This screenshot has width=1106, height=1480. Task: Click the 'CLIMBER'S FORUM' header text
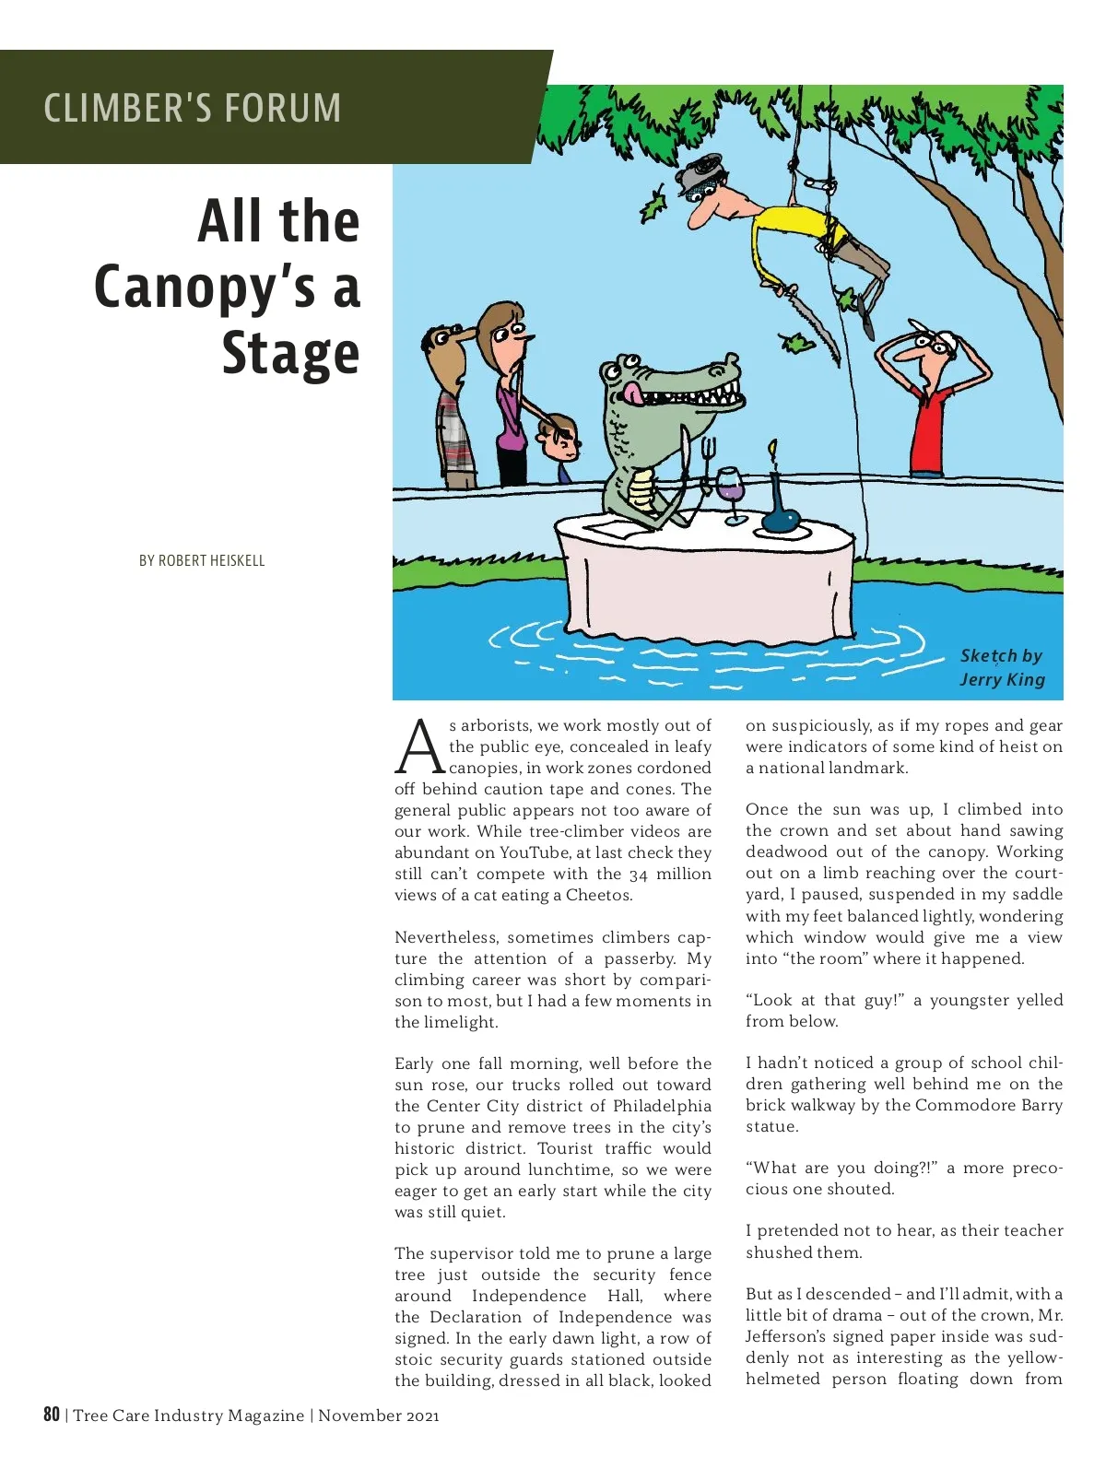coord(192,108)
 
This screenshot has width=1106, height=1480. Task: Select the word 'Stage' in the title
coord(290,354)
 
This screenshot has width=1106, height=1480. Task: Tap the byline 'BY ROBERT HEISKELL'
coord(202,560)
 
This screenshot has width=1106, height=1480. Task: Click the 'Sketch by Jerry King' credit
coord(1002,667)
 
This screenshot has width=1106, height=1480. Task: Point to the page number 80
coord(52,1415)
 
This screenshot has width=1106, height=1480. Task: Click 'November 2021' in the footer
coord(379,1415)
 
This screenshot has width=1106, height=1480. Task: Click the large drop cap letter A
coord(420,746)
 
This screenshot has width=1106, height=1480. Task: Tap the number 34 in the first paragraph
coord(639,874)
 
